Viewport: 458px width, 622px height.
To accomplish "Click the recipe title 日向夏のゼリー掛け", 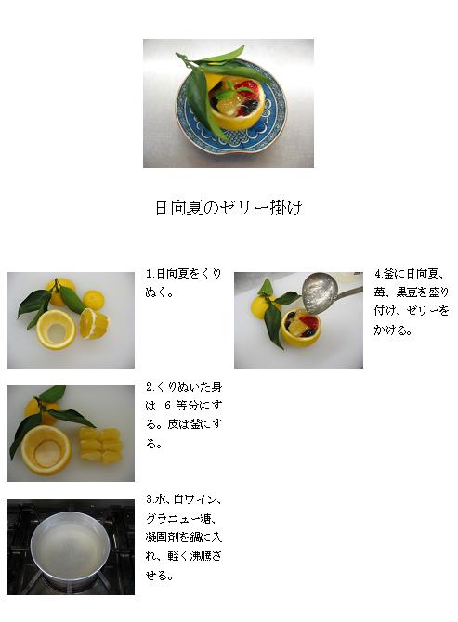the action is coord(229,207).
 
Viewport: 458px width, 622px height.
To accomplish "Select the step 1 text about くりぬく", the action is coord(183,283).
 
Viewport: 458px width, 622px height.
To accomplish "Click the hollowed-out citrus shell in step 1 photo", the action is coord(56,330).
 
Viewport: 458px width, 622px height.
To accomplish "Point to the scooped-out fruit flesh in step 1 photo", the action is coord(94,323).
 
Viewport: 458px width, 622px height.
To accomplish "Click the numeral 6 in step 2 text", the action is coord(167,406).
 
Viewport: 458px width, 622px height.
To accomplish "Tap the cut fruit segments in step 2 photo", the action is coord(101,446).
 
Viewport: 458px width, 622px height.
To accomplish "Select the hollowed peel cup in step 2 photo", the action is coord(46,450).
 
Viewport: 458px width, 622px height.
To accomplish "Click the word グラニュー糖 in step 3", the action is coord(178,518).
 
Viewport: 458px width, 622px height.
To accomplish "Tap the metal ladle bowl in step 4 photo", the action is coord(320,292).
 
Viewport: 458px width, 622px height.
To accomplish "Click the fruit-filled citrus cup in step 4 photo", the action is coord(300,328).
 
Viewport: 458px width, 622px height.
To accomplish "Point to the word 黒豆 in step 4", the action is coord(406,292).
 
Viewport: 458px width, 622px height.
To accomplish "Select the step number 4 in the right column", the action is coord(377,274).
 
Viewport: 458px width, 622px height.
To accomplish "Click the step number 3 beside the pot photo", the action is coord(150,499).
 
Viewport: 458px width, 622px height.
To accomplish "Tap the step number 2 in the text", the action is coord(150,387).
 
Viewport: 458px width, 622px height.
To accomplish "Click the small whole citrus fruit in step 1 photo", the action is coord(94,299).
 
